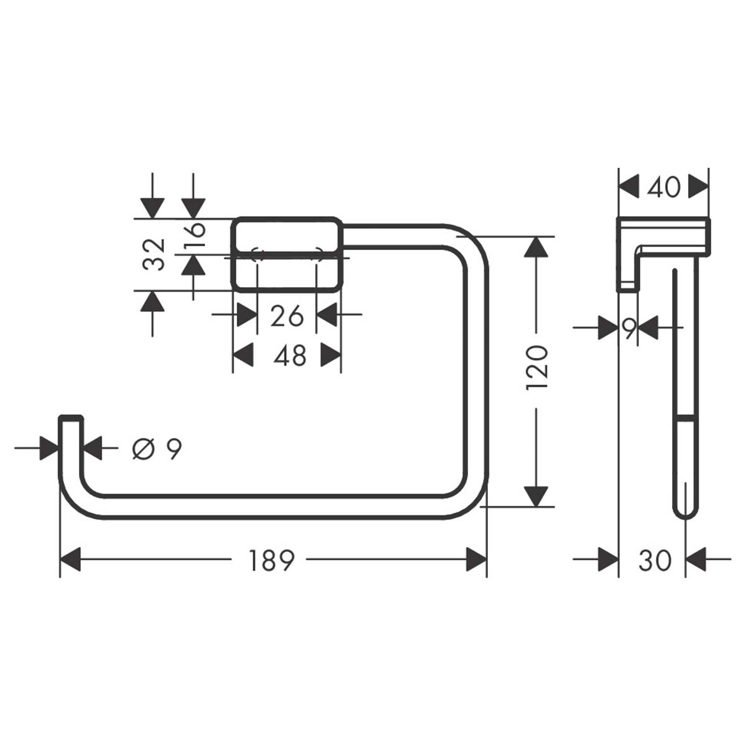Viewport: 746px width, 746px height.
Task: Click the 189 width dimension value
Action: tap(271, 561)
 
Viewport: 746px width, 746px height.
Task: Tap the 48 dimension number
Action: tap(290, 356)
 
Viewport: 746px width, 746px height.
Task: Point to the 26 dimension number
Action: tap(287, 316)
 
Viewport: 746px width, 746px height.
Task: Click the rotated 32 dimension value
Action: tap(155, 254)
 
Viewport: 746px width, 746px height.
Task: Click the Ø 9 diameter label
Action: tap(157, 448)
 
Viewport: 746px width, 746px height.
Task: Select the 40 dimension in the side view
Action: tap(663, 186)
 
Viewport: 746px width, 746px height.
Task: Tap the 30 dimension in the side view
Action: tap(655, 561)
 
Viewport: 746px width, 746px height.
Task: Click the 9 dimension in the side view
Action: tap(630, 328)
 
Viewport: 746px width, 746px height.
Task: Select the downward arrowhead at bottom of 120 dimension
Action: tap(536, 495)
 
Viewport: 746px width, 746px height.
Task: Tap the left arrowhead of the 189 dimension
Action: tap(71, 559)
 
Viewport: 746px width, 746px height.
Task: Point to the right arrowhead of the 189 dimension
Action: tap(476, 559)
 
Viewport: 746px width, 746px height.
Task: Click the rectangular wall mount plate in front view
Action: tap(287, 254)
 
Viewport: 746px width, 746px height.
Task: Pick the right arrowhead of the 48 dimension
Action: tap(331, 356)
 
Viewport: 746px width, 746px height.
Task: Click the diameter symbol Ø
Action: tap(142, 448)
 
